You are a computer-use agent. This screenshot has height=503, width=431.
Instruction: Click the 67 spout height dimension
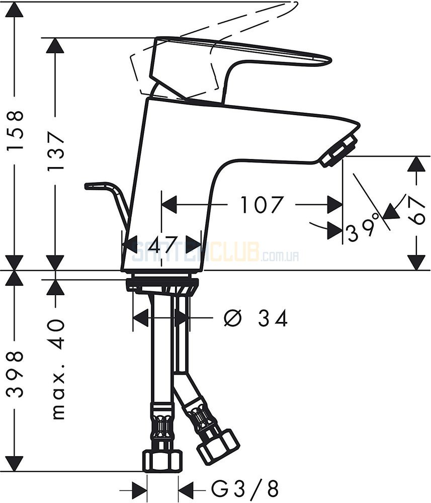pos(416,210)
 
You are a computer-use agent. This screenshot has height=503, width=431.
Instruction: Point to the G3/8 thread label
pos(245,489)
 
